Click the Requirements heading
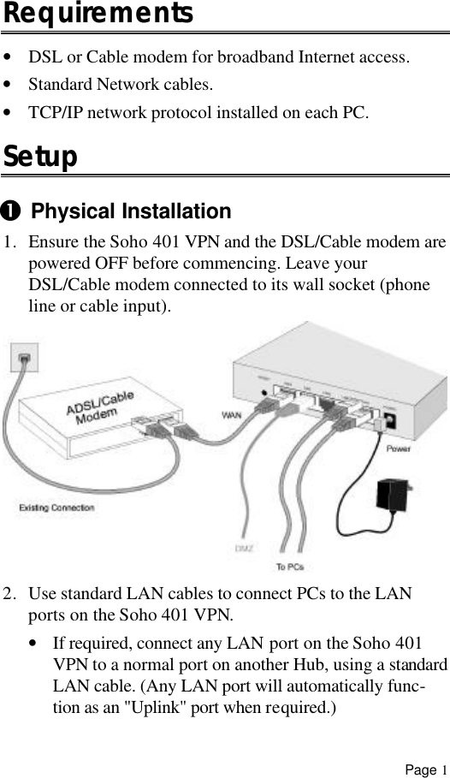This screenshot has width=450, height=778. click(98, 15)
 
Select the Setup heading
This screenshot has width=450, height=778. click(40, 157)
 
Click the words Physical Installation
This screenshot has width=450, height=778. click(131, 211)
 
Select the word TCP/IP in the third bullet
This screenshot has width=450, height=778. click(53, 113)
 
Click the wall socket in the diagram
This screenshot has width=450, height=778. click(25, 355)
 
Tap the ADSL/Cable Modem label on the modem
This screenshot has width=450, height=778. click(100, 412)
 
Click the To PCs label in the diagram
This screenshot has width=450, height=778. click(289, 566)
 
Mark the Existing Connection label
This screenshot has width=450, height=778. click(56, 508)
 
